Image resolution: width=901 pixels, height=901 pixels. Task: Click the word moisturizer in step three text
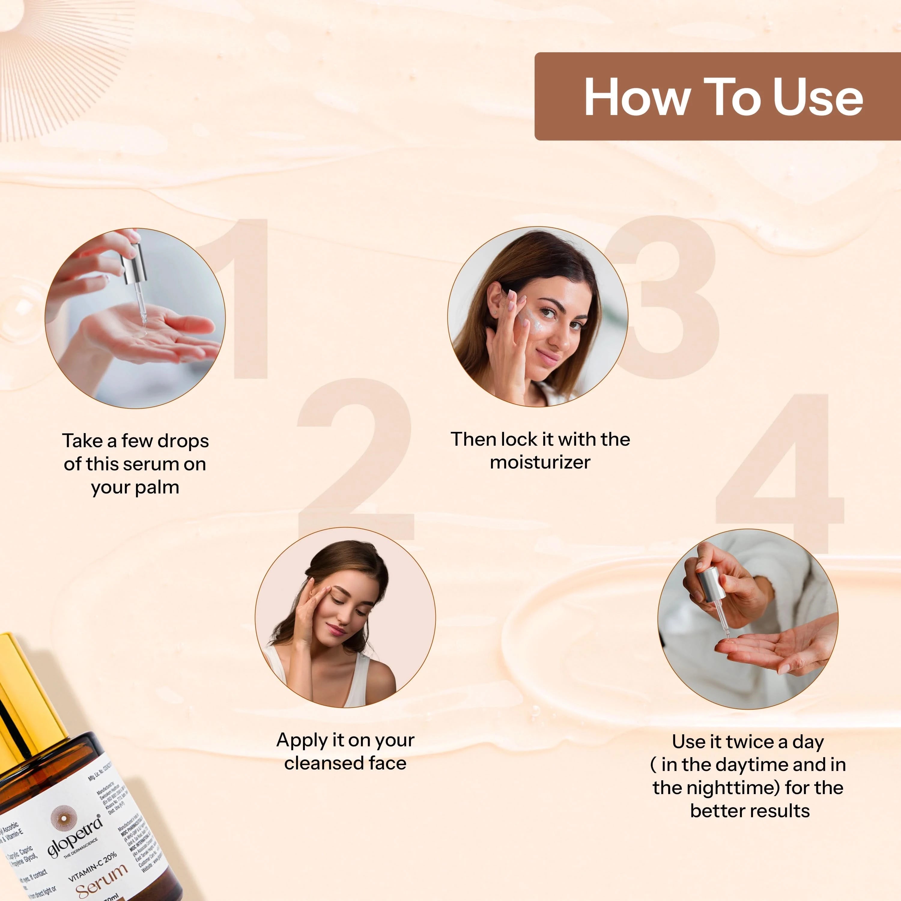(x=540, y=463)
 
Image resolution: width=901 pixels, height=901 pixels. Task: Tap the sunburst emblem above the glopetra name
(x=63, y=818)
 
